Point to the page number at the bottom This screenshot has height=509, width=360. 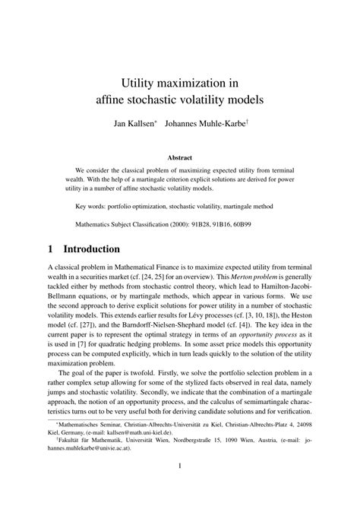(x=179, y=488)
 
